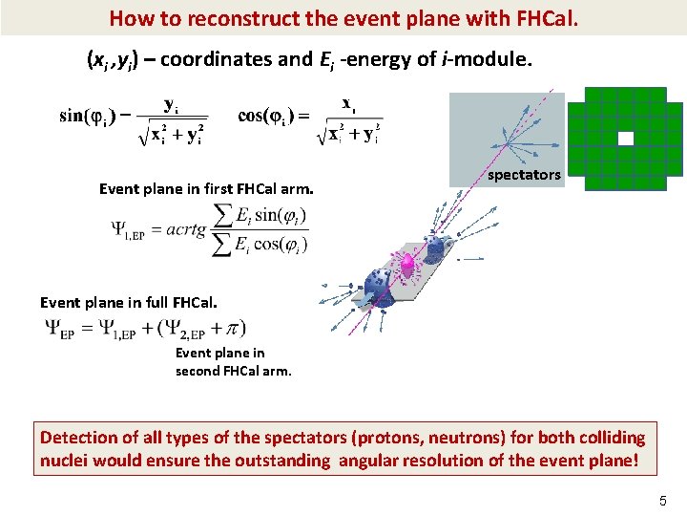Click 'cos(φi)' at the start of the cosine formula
coord(263,116)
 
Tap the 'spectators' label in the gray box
coord(524,175)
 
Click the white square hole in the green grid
coord(626,139)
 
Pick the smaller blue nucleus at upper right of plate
coord(438,248)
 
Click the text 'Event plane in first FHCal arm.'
coord(206,188)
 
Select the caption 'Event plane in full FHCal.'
coord(129,302)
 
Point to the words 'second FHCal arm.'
coord(234,371)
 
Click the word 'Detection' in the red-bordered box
coord(77,438)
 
